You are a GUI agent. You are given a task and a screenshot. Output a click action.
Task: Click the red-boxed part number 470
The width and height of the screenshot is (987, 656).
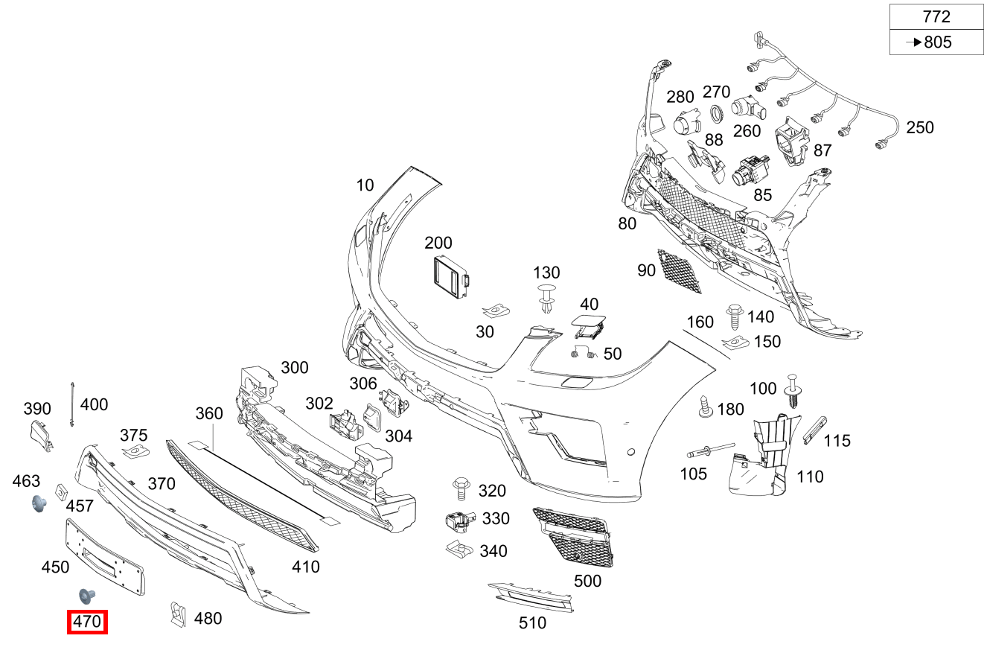click(87, 622)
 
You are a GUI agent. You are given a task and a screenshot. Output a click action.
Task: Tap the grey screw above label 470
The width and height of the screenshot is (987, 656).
click(87, 596)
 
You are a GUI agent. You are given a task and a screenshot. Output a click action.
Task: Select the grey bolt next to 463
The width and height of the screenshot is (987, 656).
click(38, 504)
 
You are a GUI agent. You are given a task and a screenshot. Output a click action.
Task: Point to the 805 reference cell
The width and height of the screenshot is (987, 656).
click(936, 42)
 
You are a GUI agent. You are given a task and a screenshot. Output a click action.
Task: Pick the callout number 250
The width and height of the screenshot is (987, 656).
click(919, 127)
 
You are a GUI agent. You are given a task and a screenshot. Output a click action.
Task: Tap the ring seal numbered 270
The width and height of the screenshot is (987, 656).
click(716, 114)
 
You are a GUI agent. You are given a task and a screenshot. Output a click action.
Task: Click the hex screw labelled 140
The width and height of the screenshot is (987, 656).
click(735, 316)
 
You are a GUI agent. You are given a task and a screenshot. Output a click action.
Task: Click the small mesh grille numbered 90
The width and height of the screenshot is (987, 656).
click(680, 271)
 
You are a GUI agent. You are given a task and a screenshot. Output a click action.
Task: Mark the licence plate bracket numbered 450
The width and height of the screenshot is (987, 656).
click(104, 557)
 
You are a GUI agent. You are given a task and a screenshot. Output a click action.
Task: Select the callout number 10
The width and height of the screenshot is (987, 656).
click(365, 185)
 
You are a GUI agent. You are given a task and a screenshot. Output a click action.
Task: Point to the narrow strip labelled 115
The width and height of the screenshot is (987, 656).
click(814, 430)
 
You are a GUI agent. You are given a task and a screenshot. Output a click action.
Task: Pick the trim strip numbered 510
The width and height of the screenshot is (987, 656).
click(531, 596)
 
